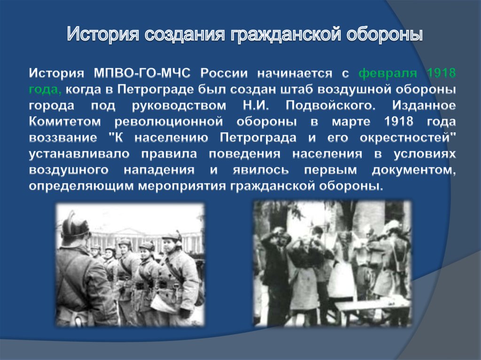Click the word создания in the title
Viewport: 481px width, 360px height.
(x=184, y=34)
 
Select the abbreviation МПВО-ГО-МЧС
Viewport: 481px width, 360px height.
(x=142, y=73)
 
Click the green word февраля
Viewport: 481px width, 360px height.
(x=388, y=74)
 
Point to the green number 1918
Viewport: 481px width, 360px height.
(x=441, y=73)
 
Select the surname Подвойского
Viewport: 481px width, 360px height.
(x=330, y=106)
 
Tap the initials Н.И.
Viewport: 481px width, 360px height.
(x=256, y=106)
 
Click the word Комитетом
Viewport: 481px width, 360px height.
(x=65, y=122)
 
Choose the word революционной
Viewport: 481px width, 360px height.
(x=169, y=122)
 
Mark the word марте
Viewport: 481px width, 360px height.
(x=351, y=122)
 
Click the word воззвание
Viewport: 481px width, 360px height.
(x=63, y=138)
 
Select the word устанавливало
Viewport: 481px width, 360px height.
(x=79, y=153)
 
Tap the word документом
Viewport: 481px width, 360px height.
(x=414, y=170)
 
